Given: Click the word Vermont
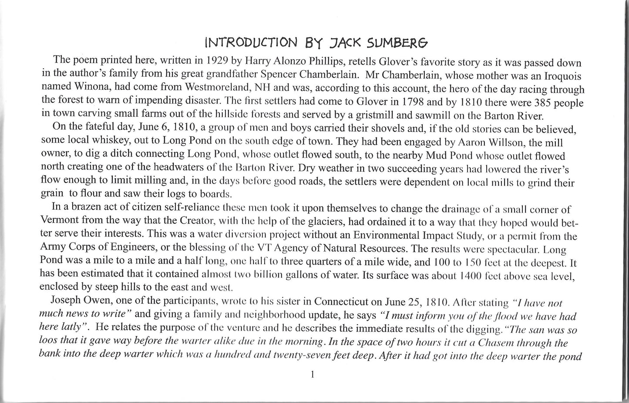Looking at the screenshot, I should click(59, 222).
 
